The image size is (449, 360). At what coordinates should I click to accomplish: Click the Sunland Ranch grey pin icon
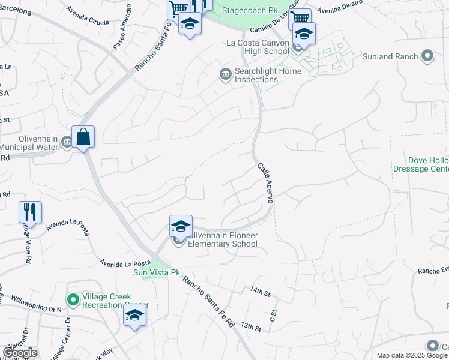[x=427, y=56]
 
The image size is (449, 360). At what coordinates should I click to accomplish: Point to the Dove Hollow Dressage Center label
[x=428, y=164]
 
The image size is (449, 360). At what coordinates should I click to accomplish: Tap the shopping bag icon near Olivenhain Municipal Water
[x=83, y=137]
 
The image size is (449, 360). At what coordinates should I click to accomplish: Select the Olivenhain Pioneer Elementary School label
[x=223, y=239]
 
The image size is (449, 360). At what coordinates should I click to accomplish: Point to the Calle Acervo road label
[x=265, y=184]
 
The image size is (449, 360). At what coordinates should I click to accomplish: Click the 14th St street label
[x=261, y=291]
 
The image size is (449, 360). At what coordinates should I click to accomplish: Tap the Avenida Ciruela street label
[x=88, y=17]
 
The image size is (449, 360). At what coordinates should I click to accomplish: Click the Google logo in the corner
[x=20, y=353]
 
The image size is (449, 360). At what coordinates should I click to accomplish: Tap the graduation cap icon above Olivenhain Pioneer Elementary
[x=181, y=226]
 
